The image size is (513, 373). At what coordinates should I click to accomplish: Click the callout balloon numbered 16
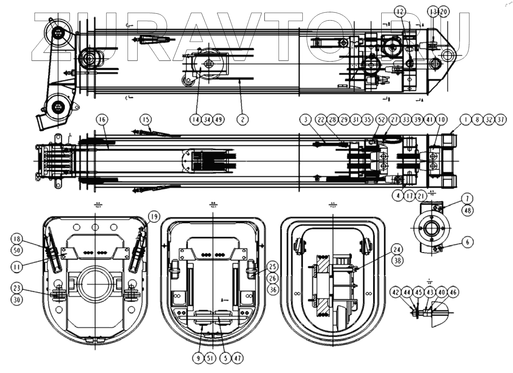click(102, 119)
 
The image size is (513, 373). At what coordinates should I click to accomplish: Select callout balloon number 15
click(146, 119)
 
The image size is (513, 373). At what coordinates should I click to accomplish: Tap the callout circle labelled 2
click(242, 119)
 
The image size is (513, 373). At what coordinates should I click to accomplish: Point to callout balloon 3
click(305, 119)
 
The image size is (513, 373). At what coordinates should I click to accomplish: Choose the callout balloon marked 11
click(467, 198)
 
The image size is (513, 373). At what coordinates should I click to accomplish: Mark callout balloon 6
click(397, 250)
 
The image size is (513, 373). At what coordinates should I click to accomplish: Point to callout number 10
click(441, 119)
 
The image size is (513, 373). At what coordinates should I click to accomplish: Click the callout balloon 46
click(453, 292)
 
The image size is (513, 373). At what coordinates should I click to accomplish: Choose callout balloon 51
click(210, 358)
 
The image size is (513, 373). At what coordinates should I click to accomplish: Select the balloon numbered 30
click(16, 300)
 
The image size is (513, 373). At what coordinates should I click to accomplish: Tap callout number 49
click(219, 119)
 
